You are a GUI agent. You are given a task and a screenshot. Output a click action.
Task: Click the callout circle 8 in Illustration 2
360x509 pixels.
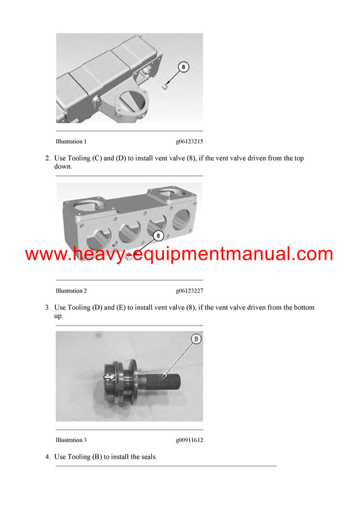pos(159,236)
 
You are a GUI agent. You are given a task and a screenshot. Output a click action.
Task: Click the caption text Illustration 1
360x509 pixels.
pos(71,141)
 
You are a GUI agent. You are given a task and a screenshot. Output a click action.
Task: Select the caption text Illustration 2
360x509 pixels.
pos(71,291)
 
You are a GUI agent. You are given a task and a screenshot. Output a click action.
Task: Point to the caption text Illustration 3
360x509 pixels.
pos(71,440)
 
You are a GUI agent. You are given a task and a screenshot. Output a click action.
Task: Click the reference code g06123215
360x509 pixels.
pos(189,141)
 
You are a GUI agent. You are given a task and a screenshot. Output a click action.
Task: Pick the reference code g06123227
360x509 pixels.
pos(189,291)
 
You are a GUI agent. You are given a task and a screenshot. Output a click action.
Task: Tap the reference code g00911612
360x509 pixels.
pos(189,440)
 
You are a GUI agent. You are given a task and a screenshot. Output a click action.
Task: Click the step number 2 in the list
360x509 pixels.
pos(47,158)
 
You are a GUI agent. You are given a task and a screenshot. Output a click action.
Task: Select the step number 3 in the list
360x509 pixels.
pos(47,308)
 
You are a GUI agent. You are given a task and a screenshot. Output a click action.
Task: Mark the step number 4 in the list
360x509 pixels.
pos(47,457)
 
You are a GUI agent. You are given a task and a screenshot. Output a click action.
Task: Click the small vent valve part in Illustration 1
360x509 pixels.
pos(164,88)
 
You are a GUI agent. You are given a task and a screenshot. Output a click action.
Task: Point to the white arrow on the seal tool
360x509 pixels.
pos(109,377)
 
